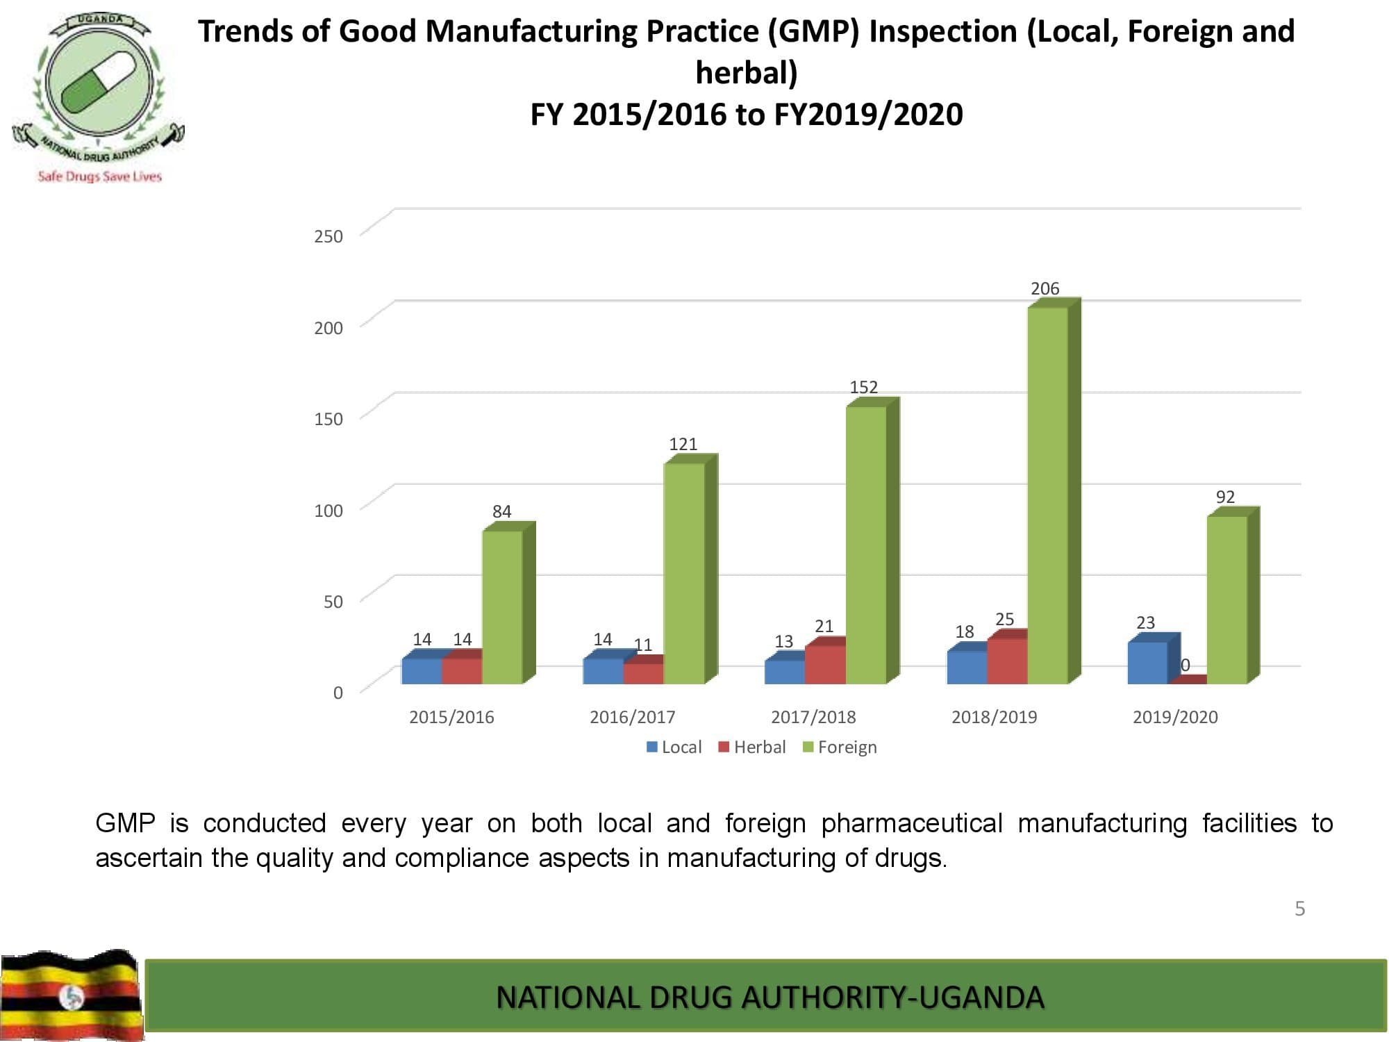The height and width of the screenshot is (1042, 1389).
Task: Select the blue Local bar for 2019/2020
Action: [1147, 663]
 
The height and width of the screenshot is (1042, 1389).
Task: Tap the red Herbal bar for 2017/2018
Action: [825, 664]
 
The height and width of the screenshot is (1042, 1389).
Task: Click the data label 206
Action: [1045, 288]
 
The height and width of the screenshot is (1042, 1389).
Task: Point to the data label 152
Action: [863, 387]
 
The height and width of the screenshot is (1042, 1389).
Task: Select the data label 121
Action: [683, 444]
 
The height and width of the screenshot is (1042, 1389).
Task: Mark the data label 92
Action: [1225, 497]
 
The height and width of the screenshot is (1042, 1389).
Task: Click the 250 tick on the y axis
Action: [328, 236]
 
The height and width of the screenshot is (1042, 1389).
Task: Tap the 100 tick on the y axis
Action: [328, 511]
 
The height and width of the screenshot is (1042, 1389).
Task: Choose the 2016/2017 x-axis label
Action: [632, 717]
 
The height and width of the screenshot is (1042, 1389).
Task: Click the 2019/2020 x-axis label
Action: [1175, 717]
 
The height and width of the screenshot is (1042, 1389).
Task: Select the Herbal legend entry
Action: [752, 747]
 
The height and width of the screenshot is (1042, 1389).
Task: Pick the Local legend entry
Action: [674, 747]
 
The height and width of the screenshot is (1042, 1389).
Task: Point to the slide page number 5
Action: [1299, 909]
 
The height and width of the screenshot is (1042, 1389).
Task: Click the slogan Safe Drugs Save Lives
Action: [99, 176]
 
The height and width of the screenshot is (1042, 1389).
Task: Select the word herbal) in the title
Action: [747, 73]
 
